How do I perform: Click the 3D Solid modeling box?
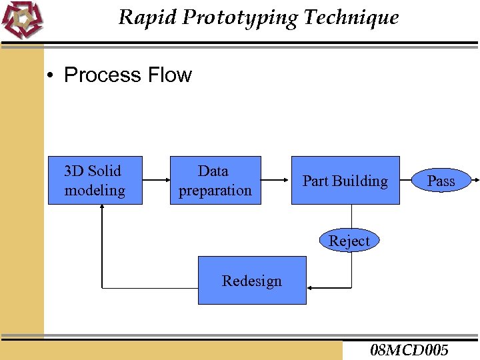pyautogui.click(x=95, y=180)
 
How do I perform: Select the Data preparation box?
pyautogui.click(x=215, y=180)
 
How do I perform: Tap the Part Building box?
pyautogui.click(x=345, y=180)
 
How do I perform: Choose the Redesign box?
pyautogui.click(x=252, y=280)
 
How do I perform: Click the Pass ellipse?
pyautogui.click(x=441, y=181)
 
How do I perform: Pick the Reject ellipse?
pyautogui.click(x=349, y=241)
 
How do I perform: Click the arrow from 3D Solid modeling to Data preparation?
pyautogui.click(x=156, y=180)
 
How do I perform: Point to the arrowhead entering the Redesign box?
pyautogui.click(x=312, y=288)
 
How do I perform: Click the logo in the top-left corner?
pyautogui.click(x=21, y=20)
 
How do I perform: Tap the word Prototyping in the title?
pyautogui.click(x=240, y=17)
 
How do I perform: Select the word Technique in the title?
pyautogui.click(x=351, y=17)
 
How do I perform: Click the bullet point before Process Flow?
pyautogui.click(x=50, y=75)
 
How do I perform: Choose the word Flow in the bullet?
pyautogui.click(x=171, y=75)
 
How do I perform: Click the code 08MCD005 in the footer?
pyautogui.click(x=409, y=350)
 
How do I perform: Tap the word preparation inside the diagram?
pyautogui.click(x=215, y=191)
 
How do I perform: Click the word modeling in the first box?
pyautogui.click(x=95, y=191)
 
